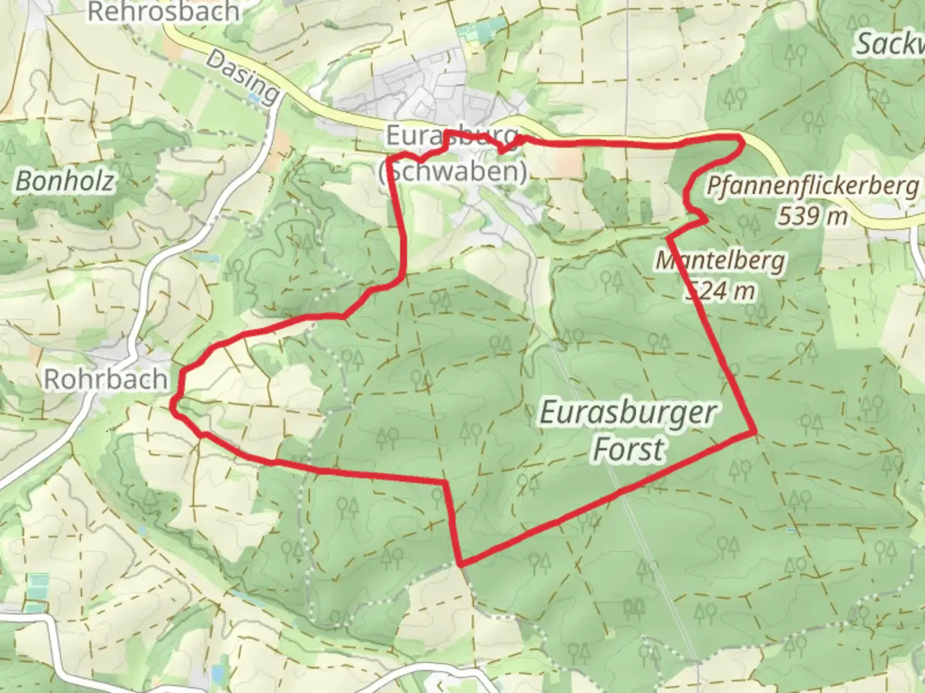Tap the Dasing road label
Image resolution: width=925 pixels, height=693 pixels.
243,78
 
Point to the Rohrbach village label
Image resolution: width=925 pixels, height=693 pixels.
106,379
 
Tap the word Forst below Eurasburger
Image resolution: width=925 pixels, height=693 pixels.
628,449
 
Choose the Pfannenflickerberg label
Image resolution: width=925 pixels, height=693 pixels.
813,186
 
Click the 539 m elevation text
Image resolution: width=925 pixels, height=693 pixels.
813,217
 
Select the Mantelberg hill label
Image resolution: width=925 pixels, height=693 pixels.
720,261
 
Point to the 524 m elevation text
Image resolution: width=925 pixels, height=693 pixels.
720,291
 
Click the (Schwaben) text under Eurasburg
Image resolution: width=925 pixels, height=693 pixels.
453,171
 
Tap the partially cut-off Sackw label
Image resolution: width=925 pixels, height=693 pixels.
890,44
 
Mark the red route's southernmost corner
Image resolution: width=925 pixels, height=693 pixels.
461,565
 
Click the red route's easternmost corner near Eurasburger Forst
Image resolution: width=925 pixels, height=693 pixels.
755,433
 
